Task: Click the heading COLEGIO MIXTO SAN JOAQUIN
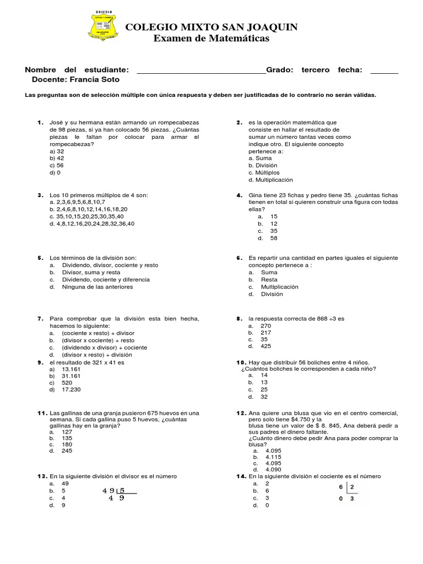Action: coord(212,28)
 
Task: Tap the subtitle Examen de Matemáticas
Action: coord(211,39)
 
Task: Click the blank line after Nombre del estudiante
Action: coord(200,71)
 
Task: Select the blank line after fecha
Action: coord(384,71)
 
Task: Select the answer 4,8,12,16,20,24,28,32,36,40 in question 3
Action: coord(91,224)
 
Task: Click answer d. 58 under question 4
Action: coord(274,238)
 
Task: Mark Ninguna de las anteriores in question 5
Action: coord(97,287)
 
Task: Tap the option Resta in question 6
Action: coord(269,280)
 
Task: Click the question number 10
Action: coord(241,362)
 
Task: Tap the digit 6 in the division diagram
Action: coord(341,487)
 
